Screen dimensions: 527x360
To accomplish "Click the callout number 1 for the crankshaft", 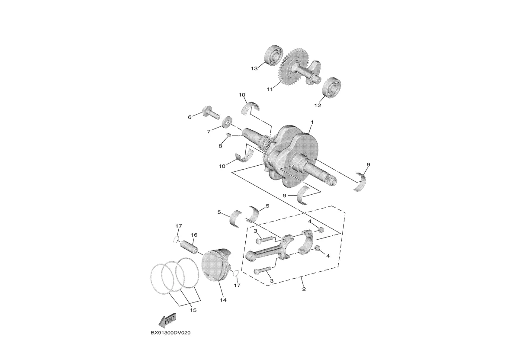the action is pyautogui.click(x=312, y=122).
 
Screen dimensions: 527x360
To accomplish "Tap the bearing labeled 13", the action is pyautogui.click(x=273, y=55).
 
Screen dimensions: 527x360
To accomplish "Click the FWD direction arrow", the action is pyautogui.click(x=167, y=321).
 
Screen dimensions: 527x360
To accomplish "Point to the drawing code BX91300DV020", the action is pyautogui.click(x=170, y=334).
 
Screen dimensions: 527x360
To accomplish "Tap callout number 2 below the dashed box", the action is pyautogui.click(x=304, y=289).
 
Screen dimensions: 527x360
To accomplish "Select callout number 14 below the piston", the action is pyautogui.click(x=223, y=299).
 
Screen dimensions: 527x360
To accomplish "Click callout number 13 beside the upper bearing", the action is pyautogui.click(x=254, y=68).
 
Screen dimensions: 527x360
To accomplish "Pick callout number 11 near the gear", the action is pyautogui.click(x=270, y=89).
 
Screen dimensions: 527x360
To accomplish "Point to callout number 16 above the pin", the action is pyautogui.click(x=194, y=235).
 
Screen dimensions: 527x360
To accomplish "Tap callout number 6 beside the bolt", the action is pyautogui.click(x=190, y=117).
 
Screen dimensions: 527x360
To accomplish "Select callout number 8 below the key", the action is pyautogui.click(x=220, y=146).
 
